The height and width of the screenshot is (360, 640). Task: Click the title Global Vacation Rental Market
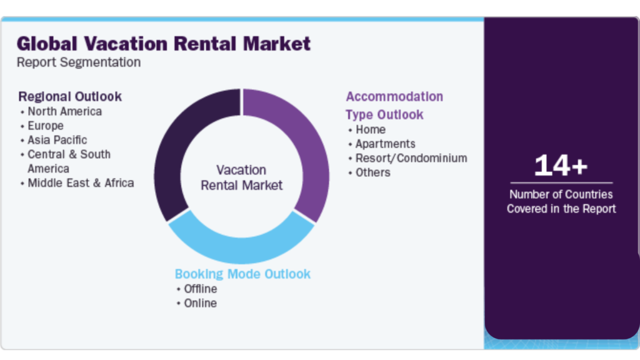pyautogui.click(x=164, y=44)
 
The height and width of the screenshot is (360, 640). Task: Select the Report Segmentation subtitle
pyautogui.click(x=79, y=62)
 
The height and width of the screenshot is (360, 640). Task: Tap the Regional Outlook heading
pyautogui.click(x=70, y=96)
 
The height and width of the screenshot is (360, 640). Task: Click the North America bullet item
pyautogui.click(x=64, y=111)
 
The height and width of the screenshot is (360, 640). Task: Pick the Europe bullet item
pyautogui.click(x=46, y=126)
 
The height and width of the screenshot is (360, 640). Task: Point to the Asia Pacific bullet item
pyautogui.click(x=57, y=140)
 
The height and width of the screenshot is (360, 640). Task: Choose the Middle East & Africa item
pyautogui.click(x=81, y=183)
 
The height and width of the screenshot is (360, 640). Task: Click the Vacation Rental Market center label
pyautogui.click(x=241, y=177)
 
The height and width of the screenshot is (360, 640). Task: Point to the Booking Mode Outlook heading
pyautogui.click(x=242, y=274)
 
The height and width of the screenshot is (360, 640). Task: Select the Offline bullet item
pyautogui.click(x=201, y=289)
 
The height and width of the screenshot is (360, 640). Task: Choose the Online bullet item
pyautogui.click(x=200, y=303)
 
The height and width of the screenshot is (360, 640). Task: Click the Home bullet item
pyautogui.click(x=371, y=129)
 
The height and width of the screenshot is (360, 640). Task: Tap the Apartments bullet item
pyautogui.click(x=385, y=144)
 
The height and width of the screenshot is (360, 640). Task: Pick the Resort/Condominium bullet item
pyautogui.click(x=411, y=158)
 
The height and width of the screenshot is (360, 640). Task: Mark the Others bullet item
pyautogui.click(x=373, y=172)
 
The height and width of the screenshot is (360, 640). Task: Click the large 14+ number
pyautogui.click(x=561, y=166)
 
